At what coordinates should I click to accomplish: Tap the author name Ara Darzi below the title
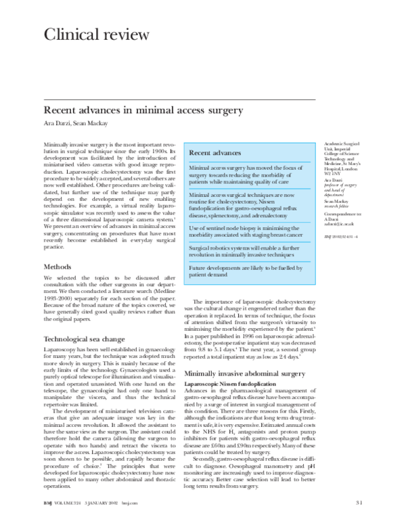pyautogui.click(x=57, y=122)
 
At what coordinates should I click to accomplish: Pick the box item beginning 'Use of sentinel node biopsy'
pyautogui.click(x=246, y=233)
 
